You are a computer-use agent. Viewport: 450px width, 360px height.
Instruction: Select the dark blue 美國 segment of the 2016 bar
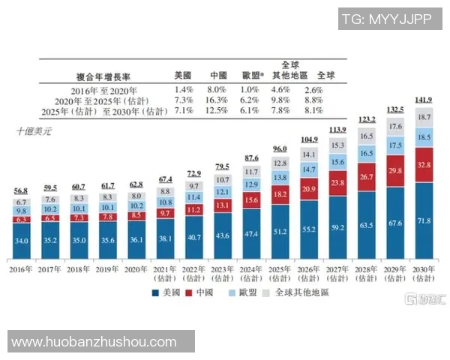(22, 240)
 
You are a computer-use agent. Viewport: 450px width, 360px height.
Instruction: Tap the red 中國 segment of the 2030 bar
(424, 165)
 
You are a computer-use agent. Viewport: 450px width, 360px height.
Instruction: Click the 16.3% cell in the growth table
(217, 100)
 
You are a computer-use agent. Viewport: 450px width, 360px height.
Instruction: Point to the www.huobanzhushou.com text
(94, 341)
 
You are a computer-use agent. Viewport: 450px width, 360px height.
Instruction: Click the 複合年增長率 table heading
(105, 76)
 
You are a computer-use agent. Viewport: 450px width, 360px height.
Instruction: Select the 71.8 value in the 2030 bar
(424, 221)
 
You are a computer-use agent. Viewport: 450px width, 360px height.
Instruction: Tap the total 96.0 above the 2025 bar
(280, 148)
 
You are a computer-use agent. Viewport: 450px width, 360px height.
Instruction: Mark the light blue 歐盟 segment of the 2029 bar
(395, 144)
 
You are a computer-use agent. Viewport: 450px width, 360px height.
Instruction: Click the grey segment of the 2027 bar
(337, 145)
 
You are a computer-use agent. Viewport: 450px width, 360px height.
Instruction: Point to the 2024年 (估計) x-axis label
(251, 274)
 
